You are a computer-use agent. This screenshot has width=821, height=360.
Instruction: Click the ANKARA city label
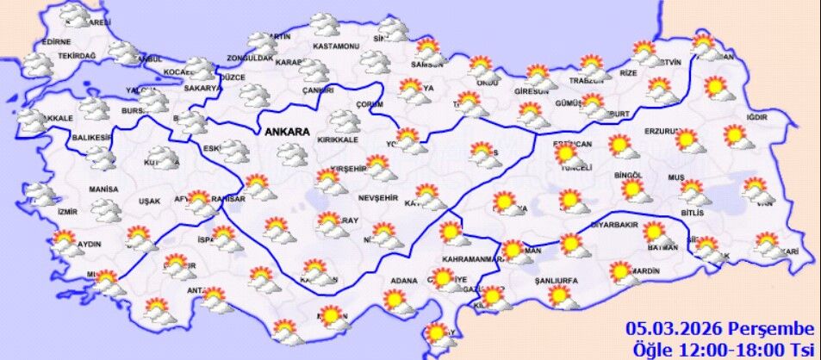click(x=288, y=133)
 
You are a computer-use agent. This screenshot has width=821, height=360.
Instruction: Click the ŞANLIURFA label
click(x=556, y=282)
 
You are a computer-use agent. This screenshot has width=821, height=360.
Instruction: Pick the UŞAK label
click(x=149, y=201)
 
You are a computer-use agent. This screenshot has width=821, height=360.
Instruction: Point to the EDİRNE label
click(x=55, y=41)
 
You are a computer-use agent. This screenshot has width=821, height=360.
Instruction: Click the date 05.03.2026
click(x=675, y=328)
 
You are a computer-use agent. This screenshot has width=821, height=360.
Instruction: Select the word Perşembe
click(x=770, y=328)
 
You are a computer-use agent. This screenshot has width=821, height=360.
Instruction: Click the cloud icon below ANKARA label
click(x=293, y=154)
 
